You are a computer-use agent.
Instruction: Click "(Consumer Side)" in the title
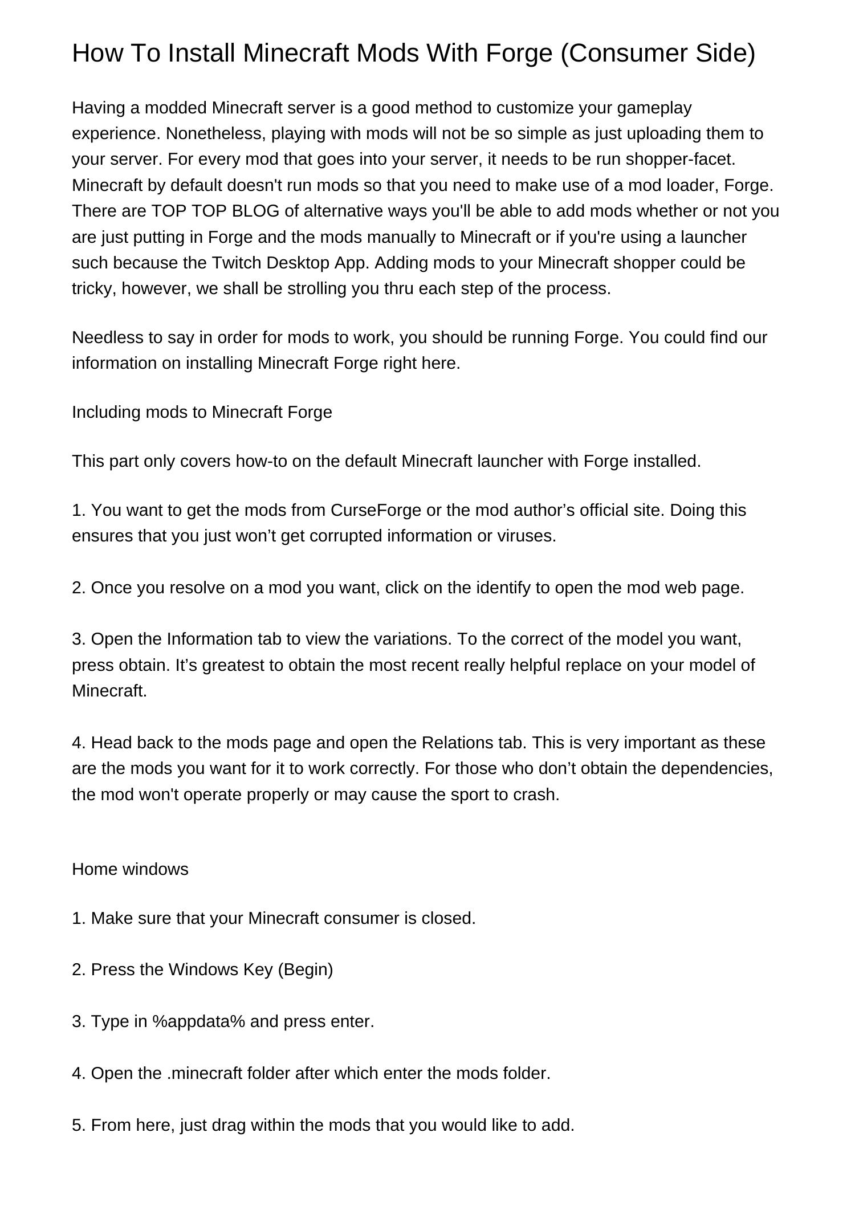[x=658, y=53]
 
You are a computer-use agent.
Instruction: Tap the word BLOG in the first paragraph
[x=256, y=211]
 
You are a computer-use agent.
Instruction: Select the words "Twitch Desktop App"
[x=290, y=263]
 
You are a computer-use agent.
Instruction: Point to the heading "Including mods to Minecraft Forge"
[x=202, y=412]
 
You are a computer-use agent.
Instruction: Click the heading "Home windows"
[x=130, y=869]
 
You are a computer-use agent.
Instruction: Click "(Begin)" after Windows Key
[x=305, y=969]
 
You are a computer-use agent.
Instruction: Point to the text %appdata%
[x=199, y=1021]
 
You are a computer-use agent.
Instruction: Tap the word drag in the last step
[x=228, y=1125]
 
